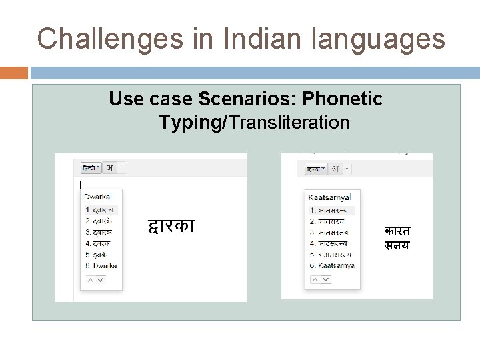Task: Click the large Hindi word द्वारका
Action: [171, 227]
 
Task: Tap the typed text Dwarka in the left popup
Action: [98, 196]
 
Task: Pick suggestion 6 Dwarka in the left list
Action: [101, 265]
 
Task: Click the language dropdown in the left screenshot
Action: [91, 167]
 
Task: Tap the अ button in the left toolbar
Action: [110, 167]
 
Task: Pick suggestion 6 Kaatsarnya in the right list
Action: [332, 265]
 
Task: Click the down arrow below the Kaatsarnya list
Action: [325, 280]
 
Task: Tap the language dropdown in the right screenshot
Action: [315, 169]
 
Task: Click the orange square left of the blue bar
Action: [14, 73]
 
